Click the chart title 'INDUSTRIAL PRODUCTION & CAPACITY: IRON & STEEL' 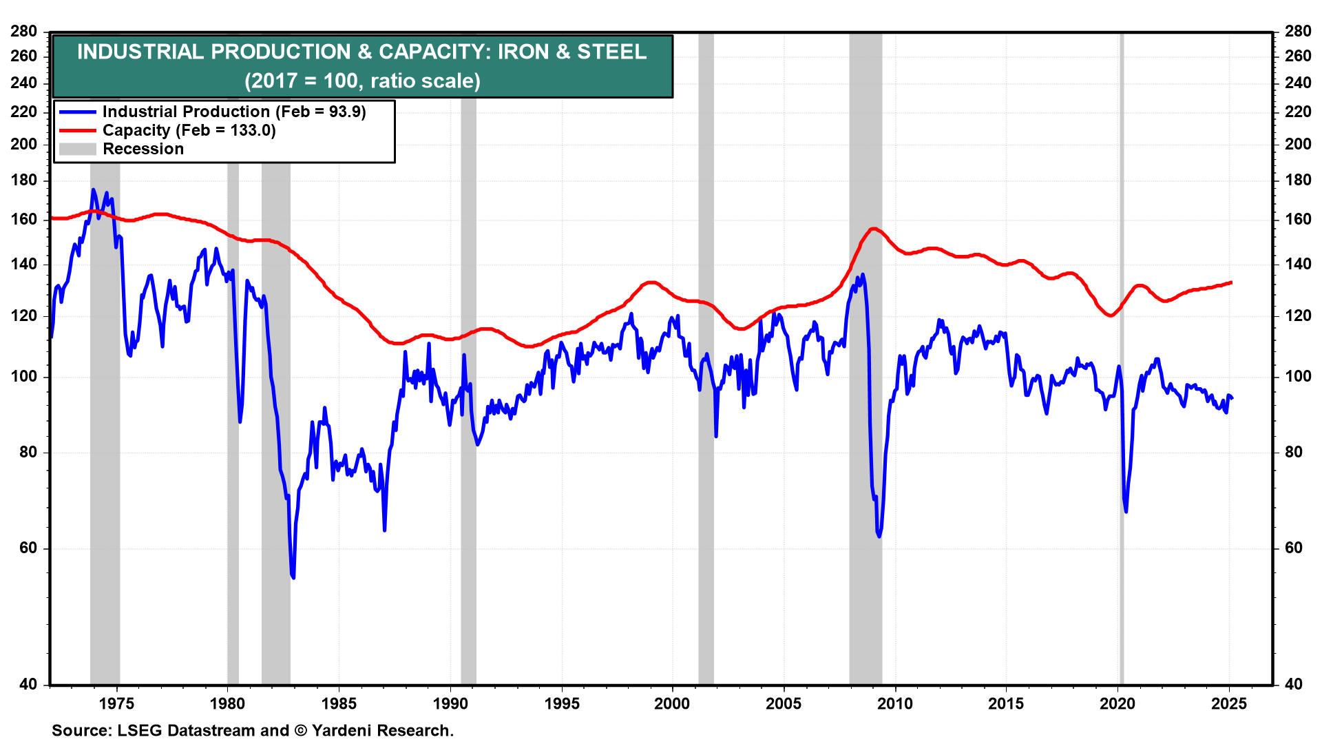(x=362, y=52)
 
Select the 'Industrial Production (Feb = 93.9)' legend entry (x=234, y=112)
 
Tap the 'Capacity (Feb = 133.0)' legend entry (x=189, y=130)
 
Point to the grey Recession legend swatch (x=77, y=149)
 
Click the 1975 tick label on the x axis (x=116, y=703)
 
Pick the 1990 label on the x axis (x=450, y=703)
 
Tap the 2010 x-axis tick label (x=895, y=703)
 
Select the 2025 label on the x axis (x=1229, y=703)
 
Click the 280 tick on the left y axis (x=24, y=32)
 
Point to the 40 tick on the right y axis (x=1294, y=684)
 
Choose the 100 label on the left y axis (x=24, y=377)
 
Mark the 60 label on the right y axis (x=1294, y=548)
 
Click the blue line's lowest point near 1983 (x=293, y=577)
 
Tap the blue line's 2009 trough (x=879, y=536)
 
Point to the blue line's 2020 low (x=1126, y=511)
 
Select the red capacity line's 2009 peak (x=873, y=229)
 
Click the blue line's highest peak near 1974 (x=93, y=189)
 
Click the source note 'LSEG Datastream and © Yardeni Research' (x=253, y=730)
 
